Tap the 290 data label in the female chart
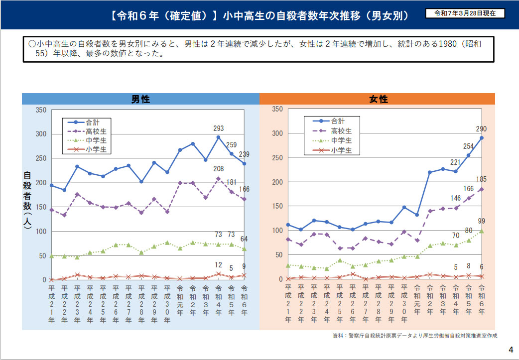(481, 128)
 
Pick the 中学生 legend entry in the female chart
(341, 140)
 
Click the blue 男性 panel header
(140, 99)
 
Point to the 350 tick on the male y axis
(41, 110)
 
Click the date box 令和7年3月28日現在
(465, 13)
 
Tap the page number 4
(511, 349)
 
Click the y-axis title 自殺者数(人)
(27, 200)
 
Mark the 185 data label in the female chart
(481, 179)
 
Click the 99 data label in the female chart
(481, 221)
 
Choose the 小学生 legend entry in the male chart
(96, 149)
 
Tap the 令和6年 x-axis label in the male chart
(245, 304)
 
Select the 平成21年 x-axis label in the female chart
(288, 304)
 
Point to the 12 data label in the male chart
(218, 265)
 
